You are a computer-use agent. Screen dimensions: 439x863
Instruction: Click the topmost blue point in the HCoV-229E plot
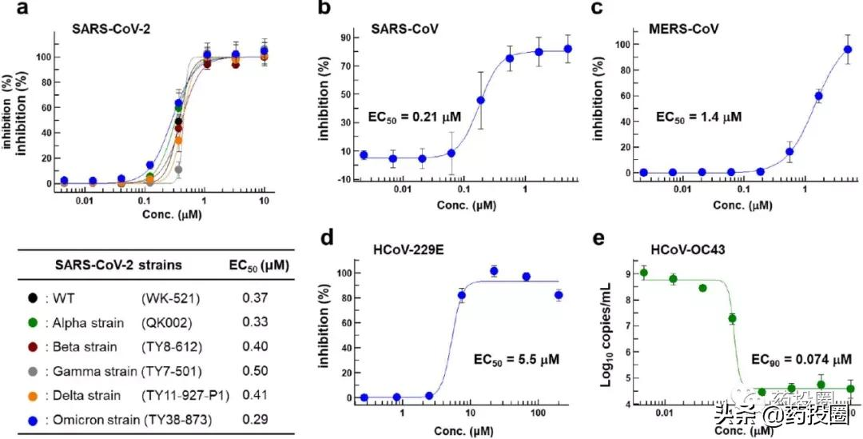coord(494,271)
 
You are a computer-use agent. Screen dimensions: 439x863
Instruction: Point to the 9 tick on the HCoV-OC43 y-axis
coord(629,273)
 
